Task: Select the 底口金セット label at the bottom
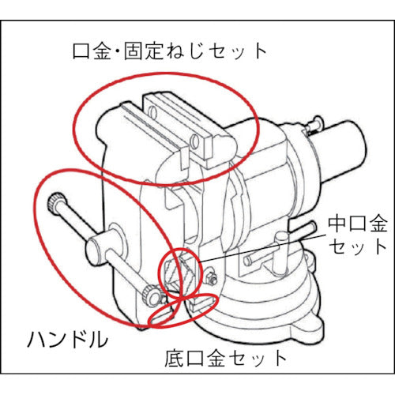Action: tap(229, 357)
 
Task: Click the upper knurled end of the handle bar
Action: tap(58, 204)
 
